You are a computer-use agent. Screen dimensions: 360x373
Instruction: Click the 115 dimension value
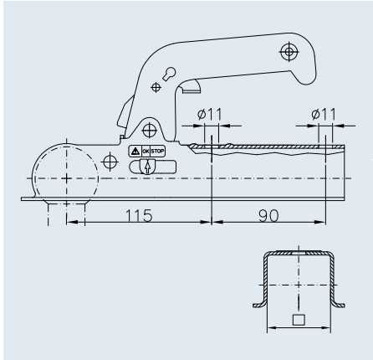pyautogui.click(x=139, y=215)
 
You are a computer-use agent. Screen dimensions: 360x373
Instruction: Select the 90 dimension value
pyautogui.click(x=268, y=215)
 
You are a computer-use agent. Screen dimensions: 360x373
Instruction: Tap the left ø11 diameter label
pyautogui.click(x=210, y=114)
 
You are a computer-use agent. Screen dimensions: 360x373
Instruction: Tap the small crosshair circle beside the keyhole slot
pyautogui.click(x=156, y=86)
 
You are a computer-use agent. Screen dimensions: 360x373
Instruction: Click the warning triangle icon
pyautogui.click(x=134, y=152)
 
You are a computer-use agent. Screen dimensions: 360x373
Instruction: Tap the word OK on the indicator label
pyautogui.click(x=145, y=152)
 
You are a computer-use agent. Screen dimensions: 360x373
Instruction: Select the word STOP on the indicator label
pyautogui.click(x=157, y=152)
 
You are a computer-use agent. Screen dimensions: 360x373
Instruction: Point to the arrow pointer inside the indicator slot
pyautogui.click(x=148, y=167)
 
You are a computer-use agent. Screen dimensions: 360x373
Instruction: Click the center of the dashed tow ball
pyautogui.click(x=64, y=178)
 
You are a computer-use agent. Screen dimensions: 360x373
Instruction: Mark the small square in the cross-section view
pyautogui.click(x=298, y=320)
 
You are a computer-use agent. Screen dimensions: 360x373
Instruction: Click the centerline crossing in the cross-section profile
pyautogui.click(x=299, y=285)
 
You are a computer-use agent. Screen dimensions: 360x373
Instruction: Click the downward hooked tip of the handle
pyautogui.click(x=304, y=81)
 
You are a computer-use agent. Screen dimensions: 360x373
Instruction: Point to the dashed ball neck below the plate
pyautogui.click(x=64, y=209)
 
